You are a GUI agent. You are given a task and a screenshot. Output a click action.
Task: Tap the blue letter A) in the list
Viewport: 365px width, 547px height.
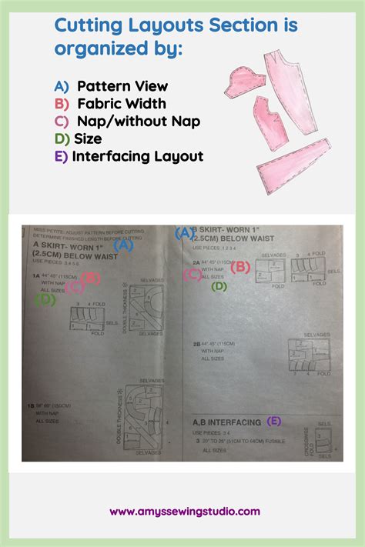tap(62, 86)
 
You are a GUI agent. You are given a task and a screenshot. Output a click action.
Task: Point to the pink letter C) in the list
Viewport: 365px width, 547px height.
tap(62, 121)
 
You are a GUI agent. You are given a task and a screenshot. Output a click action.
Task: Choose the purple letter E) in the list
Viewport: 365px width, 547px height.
tap(62, 156)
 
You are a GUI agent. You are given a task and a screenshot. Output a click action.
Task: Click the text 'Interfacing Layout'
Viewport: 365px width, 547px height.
tap(138, 156)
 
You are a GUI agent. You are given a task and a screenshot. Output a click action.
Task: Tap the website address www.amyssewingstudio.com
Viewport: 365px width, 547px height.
tap(185, 511)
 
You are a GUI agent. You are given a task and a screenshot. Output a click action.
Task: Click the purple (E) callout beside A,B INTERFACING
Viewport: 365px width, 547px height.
tap(274, 421)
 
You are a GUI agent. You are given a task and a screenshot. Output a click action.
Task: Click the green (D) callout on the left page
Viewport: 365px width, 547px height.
tap(45, 300)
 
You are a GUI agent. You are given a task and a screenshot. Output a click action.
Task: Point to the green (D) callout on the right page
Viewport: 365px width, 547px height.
tap(219, 286)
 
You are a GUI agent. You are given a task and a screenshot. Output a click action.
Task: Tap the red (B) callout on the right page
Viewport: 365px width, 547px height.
tap(240, 267)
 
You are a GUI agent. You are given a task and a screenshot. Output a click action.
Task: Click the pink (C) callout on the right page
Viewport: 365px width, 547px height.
tap(193, 275)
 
